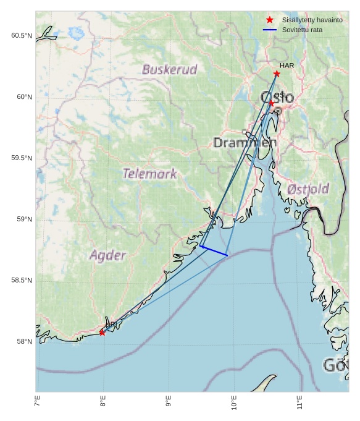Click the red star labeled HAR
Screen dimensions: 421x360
(x=277, y=74)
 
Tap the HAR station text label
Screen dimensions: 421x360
(x=287, y=66)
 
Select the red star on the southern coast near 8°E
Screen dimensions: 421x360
(x=102, y=333)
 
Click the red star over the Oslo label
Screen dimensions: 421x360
(x=271, y=103)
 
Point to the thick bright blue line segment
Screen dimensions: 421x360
(x=214, y=250)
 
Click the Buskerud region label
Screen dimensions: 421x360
(x=169, y=69)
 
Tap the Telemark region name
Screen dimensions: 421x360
(x=149, y=174)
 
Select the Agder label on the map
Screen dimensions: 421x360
(x=108, y=255)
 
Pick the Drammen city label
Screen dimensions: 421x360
(x=245, y=143)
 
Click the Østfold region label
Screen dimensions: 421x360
(x=308, y=189)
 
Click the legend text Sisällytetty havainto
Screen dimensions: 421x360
(x=312, y=20)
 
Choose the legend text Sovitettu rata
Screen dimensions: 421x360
(x=302, y=30)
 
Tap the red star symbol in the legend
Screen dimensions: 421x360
(x=269, y=20)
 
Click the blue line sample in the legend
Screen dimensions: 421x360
(x=269, y=30)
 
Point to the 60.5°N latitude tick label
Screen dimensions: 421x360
(x=22, y=36)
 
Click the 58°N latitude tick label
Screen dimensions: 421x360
(x=24, y=342)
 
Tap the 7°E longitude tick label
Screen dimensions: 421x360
(x=38, y=403)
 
